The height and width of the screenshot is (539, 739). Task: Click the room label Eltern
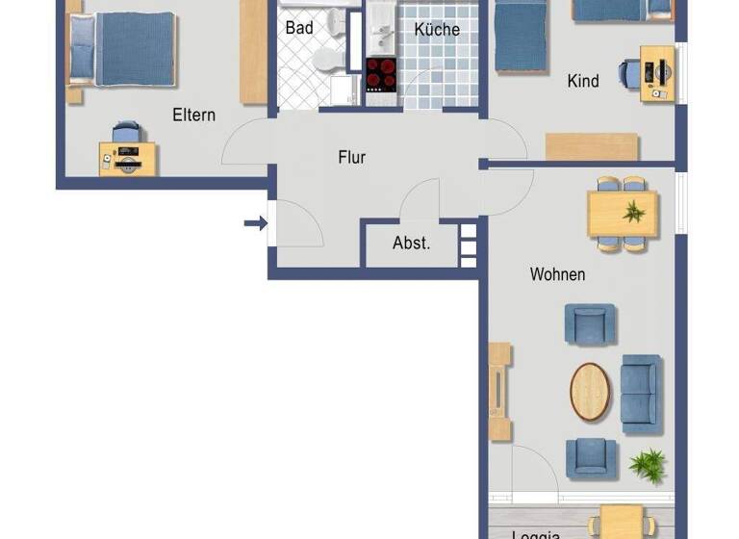[x=193, y=115]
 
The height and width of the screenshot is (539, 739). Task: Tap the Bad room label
[x=299, y=28]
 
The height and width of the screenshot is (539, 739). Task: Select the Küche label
[x=437, y=30]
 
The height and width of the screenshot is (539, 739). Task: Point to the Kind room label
[x=583, y=82]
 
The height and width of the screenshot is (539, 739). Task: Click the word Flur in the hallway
[x=352, y=157]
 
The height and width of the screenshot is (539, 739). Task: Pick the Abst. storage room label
[x=411, y=244]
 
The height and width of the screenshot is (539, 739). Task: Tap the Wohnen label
[x=557, y=275]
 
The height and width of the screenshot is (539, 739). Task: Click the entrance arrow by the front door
[x=254, y=224]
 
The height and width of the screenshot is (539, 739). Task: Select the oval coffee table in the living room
[x=590, y=391]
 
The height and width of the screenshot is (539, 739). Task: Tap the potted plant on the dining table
[x=633, y=212]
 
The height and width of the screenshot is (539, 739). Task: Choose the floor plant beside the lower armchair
[x=647, y=464]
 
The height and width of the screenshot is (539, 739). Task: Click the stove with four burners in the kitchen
[x=381, y=75]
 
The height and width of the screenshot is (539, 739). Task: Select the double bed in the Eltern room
[x=122, y=50]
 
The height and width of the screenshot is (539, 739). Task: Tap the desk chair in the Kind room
[x=629, y=73]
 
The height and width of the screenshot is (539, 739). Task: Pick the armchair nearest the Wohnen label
[x=589, y=323]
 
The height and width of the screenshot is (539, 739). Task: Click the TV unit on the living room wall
[x=499, y=392]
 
